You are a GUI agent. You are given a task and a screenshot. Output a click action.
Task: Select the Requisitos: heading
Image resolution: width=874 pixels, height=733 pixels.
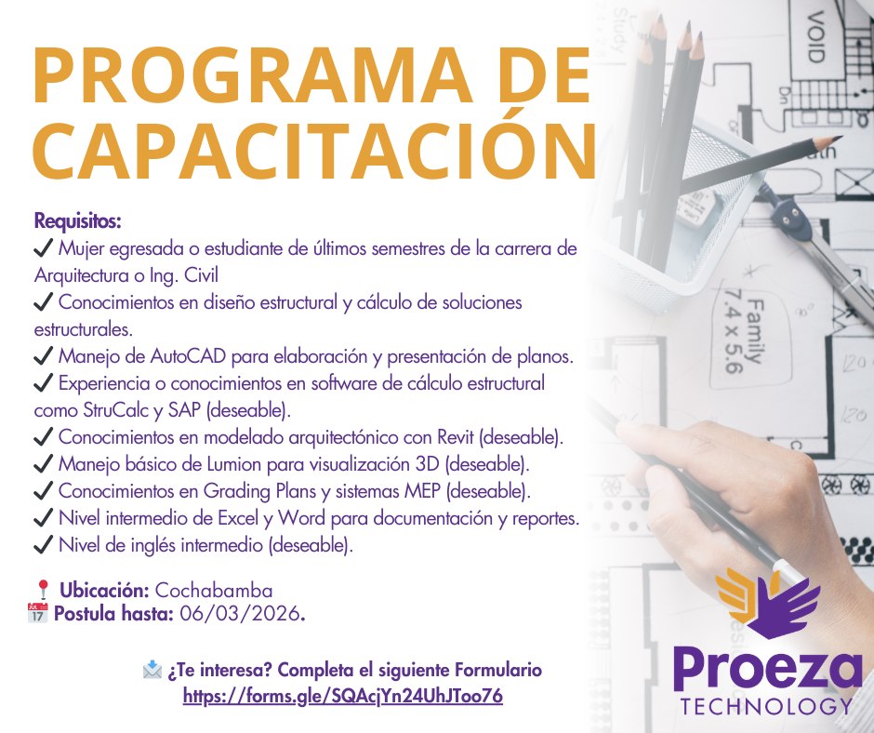pyautogui.click(x=77, y=221)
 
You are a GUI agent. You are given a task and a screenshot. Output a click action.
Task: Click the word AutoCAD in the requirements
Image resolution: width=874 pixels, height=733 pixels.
pyautogui.click(x=188, y=356)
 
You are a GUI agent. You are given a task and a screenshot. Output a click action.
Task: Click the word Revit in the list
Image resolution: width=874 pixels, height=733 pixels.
pyautogui.click(x=456, y=437)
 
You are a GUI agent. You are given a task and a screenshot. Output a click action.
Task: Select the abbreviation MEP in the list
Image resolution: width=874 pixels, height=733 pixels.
pyautogui.click(x=422, y=491)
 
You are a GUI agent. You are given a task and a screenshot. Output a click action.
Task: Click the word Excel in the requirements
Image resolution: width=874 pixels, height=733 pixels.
pyautogui.click(x=238, y=518)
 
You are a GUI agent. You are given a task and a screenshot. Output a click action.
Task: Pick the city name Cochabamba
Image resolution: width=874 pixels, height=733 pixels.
pyautogui.click(x=214, y=590)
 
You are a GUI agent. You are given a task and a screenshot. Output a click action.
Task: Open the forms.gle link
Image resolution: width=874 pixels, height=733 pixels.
pyautogui.click(x=343, y=696)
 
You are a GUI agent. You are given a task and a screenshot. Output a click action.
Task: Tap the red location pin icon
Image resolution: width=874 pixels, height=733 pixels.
pyautogui.click(x=43, y=590)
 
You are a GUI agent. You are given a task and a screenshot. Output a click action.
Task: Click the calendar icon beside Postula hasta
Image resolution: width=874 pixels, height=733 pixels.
pyautogui.click(x=37, y=613)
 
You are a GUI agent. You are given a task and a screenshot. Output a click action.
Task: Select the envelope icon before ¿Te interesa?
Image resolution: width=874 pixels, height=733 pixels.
pyautogui.click(x=152, y=670)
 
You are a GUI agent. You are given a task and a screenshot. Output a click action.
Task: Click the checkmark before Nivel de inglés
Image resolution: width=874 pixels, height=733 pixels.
pyautogui.click(x=43, y=545)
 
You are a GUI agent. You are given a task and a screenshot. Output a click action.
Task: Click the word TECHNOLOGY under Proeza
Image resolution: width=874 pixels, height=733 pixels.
pyautogui.click(x=766, y=706)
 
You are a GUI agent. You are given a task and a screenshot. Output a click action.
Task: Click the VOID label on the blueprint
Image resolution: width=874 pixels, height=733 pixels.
pyautogui.click(x=815, y=37)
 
